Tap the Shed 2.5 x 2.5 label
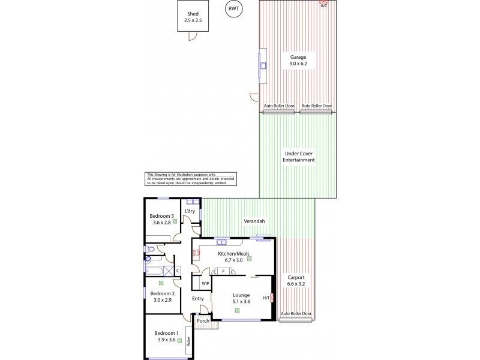click(x=193, y=17)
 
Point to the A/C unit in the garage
click(x=324, y=4)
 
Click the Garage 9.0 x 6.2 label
click(x=298, y=60)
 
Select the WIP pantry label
click(x=205, y=283)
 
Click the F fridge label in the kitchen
click(x=223, y=272)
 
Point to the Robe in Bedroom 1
click(x=188, y=341)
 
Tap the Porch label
click(x=203, y=320)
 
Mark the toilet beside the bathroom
click(x=149, y=249)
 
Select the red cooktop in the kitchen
click(x=196, y=254)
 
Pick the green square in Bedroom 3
click(x=175, y=221)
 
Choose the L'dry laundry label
click(x=190, y=211)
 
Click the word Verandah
click(x=254, y=222)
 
